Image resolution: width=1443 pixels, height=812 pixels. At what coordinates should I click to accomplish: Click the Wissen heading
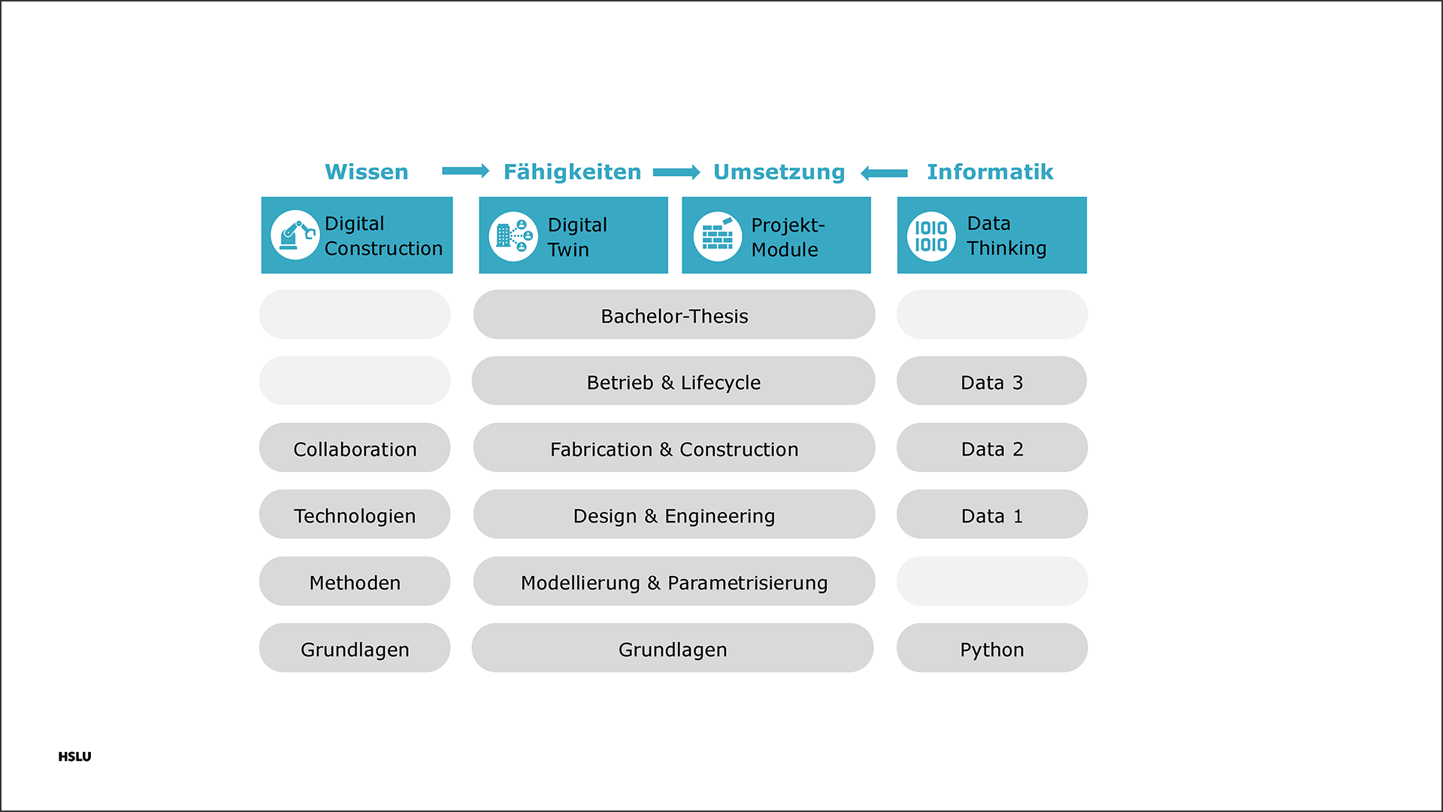[x=367, y=172]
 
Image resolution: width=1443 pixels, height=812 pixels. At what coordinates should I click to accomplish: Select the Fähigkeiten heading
[x=572, y=172]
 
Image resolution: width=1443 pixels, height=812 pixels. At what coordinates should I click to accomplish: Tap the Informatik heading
[x=990, y=172]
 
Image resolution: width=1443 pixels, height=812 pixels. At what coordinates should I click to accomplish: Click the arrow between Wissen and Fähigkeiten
[x=466, y=171]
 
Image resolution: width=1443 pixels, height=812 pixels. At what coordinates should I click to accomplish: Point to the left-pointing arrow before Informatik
[x=884, y=174]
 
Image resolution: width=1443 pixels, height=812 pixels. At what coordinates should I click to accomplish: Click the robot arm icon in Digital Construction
[x=295, y=235]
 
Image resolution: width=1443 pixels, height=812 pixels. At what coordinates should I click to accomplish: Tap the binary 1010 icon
[x=931, y=237]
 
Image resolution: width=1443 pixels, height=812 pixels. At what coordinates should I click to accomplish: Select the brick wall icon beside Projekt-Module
[x=718, y=237]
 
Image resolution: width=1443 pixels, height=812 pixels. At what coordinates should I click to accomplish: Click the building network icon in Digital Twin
[x=513, y=237]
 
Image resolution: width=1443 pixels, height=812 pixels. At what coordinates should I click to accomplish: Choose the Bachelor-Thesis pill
[x=674, y=315]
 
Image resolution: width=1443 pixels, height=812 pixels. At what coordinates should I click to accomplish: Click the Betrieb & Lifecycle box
[x=673, y=381]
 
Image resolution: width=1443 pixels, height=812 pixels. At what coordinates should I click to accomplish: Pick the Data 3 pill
[x=992, y=381]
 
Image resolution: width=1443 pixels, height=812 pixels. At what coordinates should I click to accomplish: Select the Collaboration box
[x=355, y=448]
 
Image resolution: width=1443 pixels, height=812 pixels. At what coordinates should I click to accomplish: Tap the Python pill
[x=992, y=648]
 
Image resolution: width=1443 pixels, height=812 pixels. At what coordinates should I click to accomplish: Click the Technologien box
[x=355, y=515]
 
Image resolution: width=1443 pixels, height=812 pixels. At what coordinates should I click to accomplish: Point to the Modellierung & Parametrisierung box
[x=674, y=582]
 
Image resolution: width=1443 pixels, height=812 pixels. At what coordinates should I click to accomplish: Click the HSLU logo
[x=74, y=757]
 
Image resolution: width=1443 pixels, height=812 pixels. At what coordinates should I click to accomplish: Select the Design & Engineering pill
[x=674, y=515]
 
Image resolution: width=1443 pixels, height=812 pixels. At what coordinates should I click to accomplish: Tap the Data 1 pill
[x=992, y=515]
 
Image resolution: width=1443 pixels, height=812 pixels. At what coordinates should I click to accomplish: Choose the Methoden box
[x=355, y=582]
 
